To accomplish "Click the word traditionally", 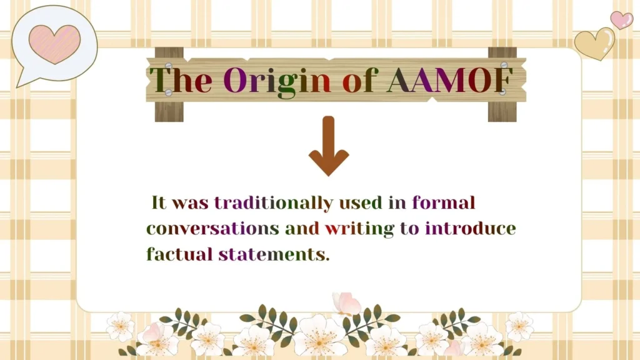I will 273,202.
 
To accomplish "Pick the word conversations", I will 212,228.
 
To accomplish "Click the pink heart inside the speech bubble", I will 54,44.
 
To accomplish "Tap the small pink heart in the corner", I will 621,19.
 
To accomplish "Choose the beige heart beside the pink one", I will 594,43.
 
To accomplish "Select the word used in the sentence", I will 369,202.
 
